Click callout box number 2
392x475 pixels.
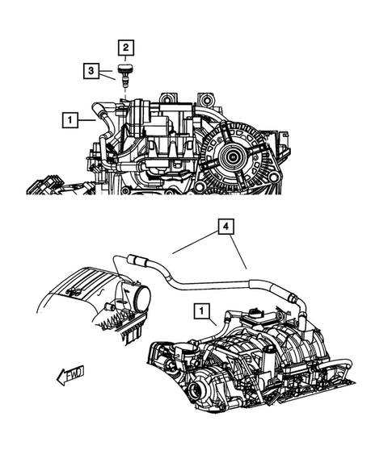[x=126, y=48]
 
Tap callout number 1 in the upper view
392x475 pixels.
[x=71, y=121]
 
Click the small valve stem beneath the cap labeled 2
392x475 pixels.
[x=125, y=81]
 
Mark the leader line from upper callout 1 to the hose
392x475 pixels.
[x=88, y=121]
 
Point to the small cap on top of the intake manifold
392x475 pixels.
[x=256, y=310]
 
